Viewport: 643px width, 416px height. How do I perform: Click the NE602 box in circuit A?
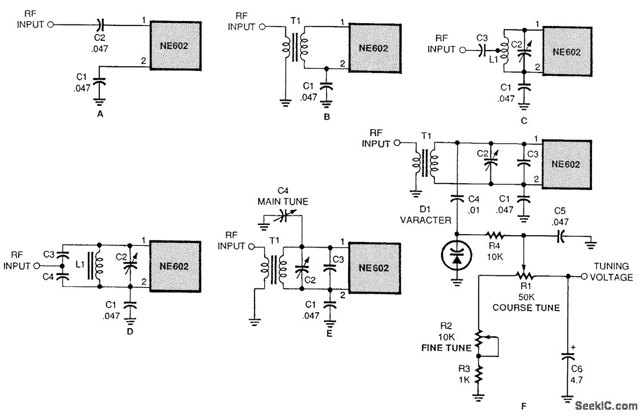tap(176, 45)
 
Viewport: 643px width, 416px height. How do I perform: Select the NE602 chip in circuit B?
tap(375, 48)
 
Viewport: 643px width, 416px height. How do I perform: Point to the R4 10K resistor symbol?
tap(495, 235)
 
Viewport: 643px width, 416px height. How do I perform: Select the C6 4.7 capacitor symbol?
tap(568, 356)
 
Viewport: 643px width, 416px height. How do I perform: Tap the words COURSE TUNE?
tap(526, 307)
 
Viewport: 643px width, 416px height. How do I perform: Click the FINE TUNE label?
tap(447, 348)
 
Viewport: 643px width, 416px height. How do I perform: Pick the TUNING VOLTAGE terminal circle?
tap(585, 276)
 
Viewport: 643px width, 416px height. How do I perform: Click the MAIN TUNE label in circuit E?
tap(282, 202)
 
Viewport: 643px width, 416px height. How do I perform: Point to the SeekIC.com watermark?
tap(606, 406)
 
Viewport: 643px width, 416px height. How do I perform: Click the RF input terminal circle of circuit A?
tap(50, 24)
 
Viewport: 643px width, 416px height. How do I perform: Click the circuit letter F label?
tap(523, 406)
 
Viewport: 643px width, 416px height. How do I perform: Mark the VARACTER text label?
tap(425, 220)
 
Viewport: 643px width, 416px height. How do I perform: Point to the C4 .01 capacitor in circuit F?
tap(457, 199)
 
